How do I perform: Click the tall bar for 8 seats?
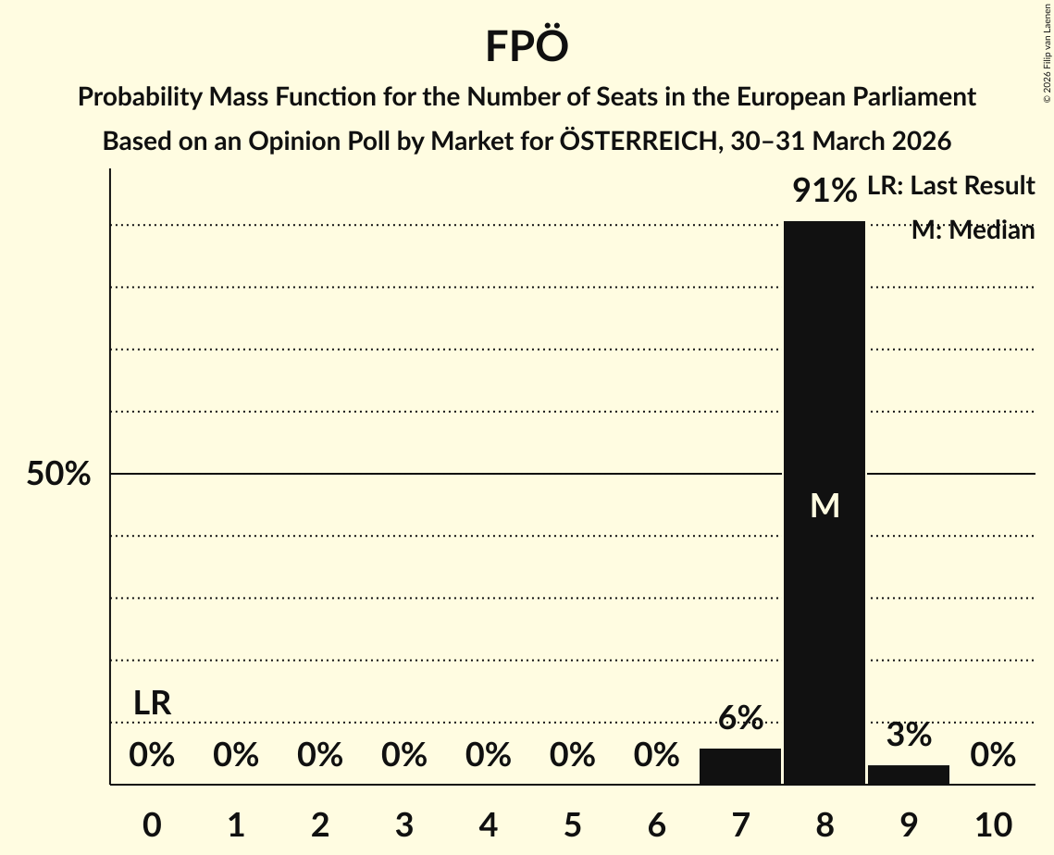pyautogui.click(x=824, y=370)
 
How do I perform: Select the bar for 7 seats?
pyautogui.click(x=739, y=766)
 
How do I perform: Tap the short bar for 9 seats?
pyautogui.click(x=908, y=774)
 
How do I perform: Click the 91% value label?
pyautogui.click(x=824, y=191)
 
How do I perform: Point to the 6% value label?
pyautogui.click(x=740, y=717)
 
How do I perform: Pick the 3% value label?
pyautogui.click(x=908, y=735)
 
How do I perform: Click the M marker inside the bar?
pyautogui.click(x=825, y=505)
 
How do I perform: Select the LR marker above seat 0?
pyautogui.click(x=152, y=703)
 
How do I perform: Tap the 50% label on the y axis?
pyautogui.click(x=58, y=475)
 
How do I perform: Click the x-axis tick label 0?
pyautogui.click(x=152, y=824)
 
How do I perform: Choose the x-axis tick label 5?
pyautogui.click(x=572, y=824)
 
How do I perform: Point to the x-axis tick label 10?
pyautogui.click(x=992, y=824)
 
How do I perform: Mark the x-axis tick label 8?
pyautogui.click(x=824, y=824)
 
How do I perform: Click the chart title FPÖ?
pyautogui.click(x=527, y=47)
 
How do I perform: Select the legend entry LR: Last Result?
pyautogui.click(x=950, y=186)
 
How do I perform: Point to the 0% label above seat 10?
pyautogui.click(x=992, y=755)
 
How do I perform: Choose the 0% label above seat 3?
pyautogui.click(x=403, y=755)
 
